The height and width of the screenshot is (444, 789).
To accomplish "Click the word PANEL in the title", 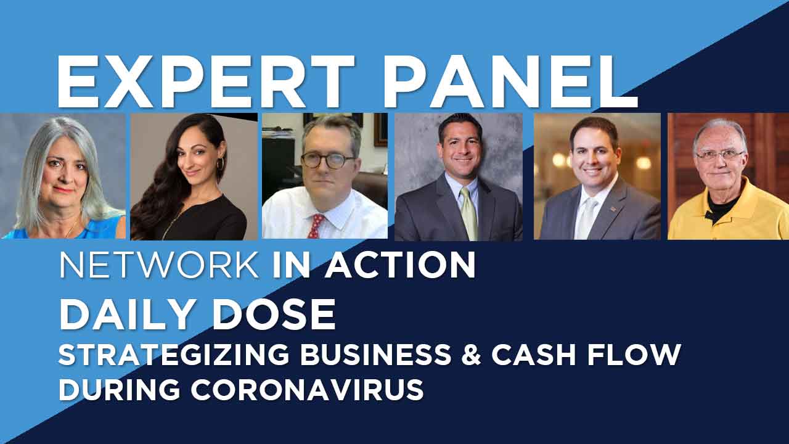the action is click(510, 82).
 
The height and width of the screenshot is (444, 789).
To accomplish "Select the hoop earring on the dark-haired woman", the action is click(221, 164).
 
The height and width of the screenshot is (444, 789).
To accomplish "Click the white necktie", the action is click(586, 219).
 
